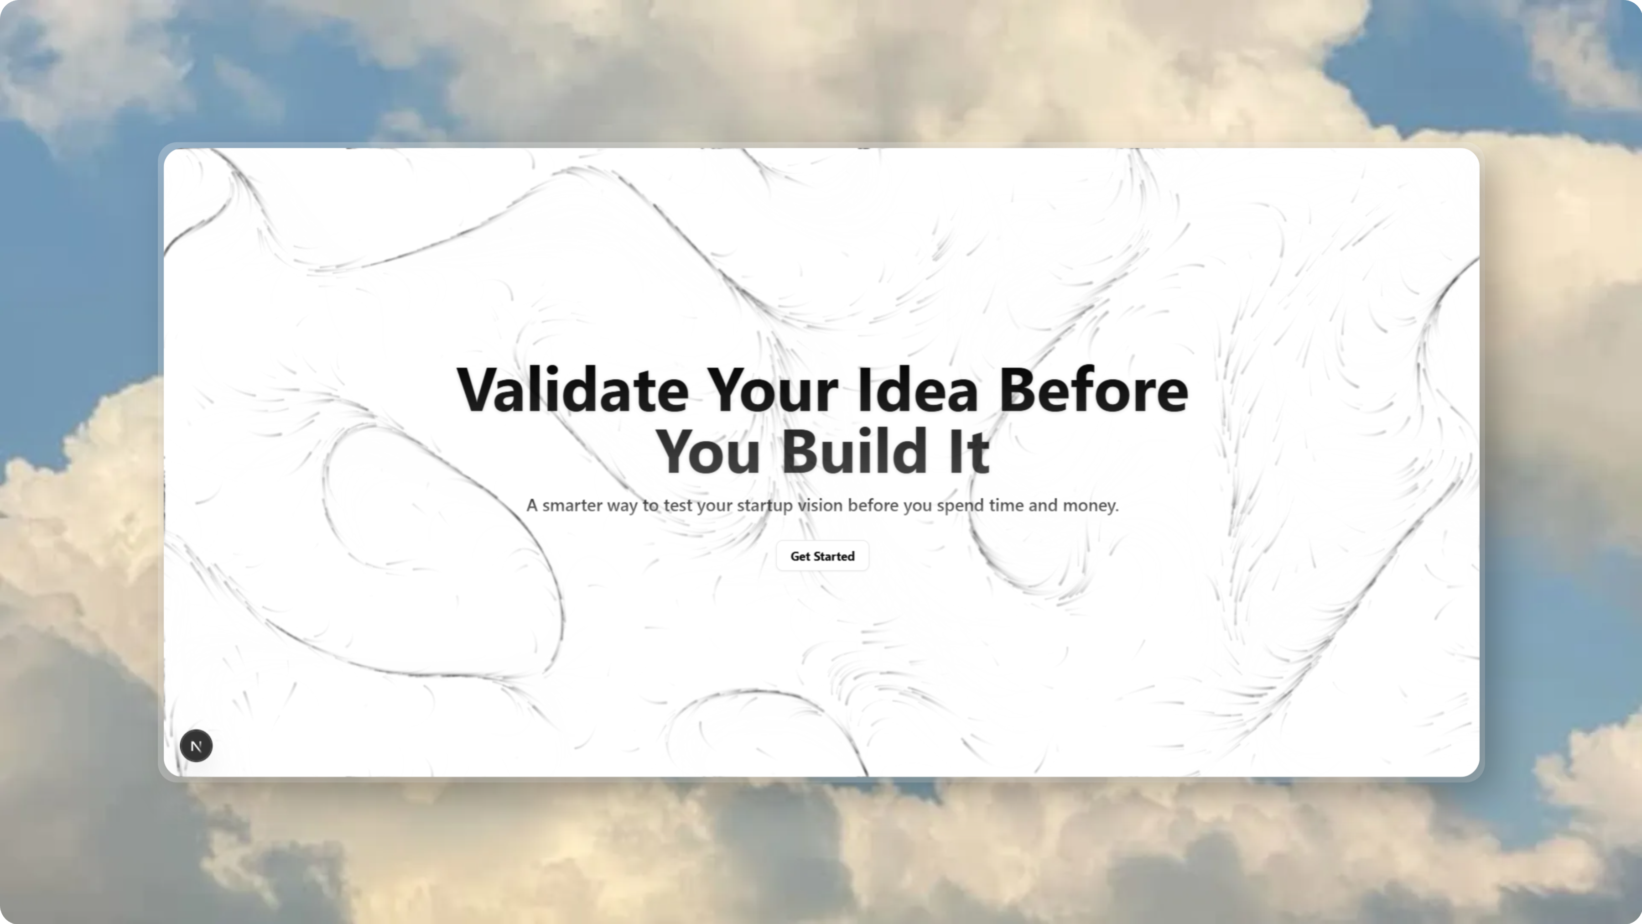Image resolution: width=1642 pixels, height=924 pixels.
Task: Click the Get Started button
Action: coord(821,556)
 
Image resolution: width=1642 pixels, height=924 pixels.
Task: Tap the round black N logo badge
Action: coord(196,746)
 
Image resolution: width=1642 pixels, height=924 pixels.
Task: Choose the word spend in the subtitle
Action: coord(960,506)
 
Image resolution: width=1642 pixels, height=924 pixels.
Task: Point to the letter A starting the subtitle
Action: coord(532,506)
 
